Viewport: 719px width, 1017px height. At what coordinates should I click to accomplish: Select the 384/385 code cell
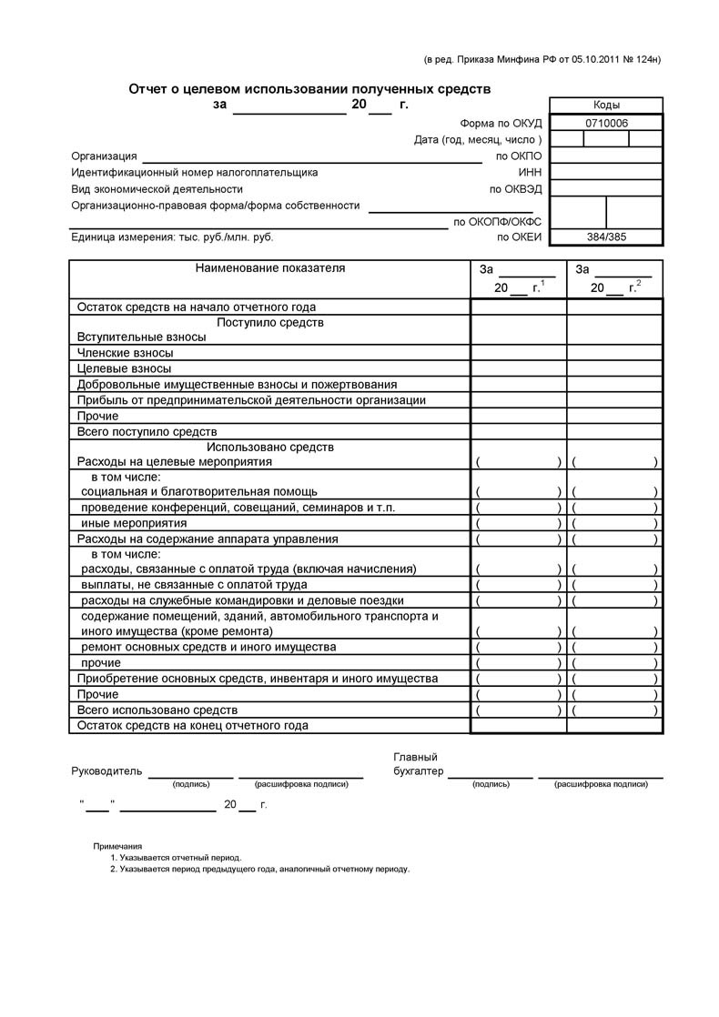tap(607, 237)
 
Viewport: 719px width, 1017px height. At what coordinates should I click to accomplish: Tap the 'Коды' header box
tap(606, 105)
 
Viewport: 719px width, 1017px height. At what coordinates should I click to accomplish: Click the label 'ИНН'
tap(530, 172)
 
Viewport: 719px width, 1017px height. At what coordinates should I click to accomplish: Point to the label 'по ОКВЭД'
tap(516, 189)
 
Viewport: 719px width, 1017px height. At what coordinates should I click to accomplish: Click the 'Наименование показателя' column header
tap(270, 268)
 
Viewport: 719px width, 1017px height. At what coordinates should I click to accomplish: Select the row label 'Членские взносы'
tap(126, 353)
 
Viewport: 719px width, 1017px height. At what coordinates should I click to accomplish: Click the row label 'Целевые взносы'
tap(124, 368)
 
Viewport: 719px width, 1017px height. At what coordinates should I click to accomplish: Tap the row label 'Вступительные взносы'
tap(141, 337)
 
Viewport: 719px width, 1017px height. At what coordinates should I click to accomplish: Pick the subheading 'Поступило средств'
tap(270, 323)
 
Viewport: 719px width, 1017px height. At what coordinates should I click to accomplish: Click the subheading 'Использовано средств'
tap(270, 448)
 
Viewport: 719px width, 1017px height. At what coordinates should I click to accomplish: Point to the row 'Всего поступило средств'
tap(147, 432)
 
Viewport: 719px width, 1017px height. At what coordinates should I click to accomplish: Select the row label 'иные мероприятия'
tap(134, 524)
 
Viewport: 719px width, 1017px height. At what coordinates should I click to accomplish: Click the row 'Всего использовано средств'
tap(157, 710)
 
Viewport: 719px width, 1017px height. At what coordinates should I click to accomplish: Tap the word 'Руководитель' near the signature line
tap(106, 771)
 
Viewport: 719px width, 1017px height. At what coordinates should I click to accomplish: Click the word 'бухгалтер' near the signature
tap(418, 771)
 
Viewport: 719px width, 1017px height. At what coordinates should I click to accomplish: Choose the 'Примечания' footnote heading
tap(117, 846)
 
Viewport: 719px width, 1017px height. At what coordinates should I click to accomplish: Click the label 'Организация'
tap(104, 156)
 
